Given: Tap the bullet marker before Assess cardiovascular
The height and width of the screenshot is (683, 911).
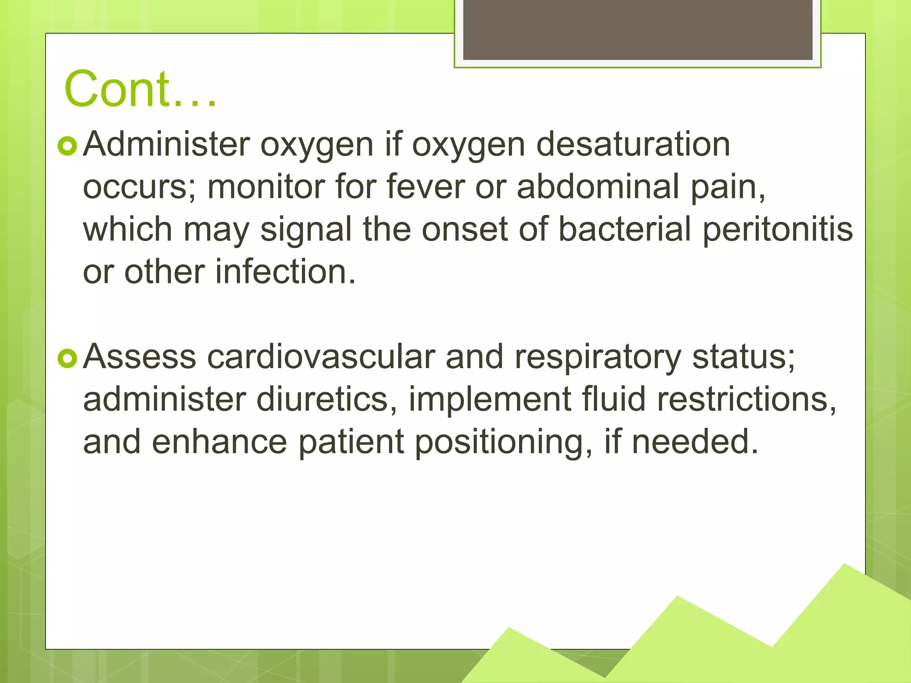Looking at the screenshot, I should (68, 358).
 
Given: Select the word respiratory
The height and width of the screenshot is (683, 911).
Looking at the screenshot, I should (598, 358).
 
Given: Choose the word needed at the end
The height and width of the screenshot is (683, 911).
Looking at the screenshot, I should (694, 442).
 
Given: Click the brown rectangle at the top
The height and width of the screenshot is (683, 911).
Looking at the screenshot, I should (637, 29).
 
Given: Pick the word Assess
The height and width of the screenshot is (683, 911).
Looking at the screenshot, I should (140, 357).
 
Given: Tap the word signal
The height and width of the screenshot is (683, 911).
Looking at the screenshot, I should (306, 230).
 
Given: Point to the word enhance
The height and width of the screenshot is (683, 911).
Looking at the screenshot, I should (219, 442).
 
